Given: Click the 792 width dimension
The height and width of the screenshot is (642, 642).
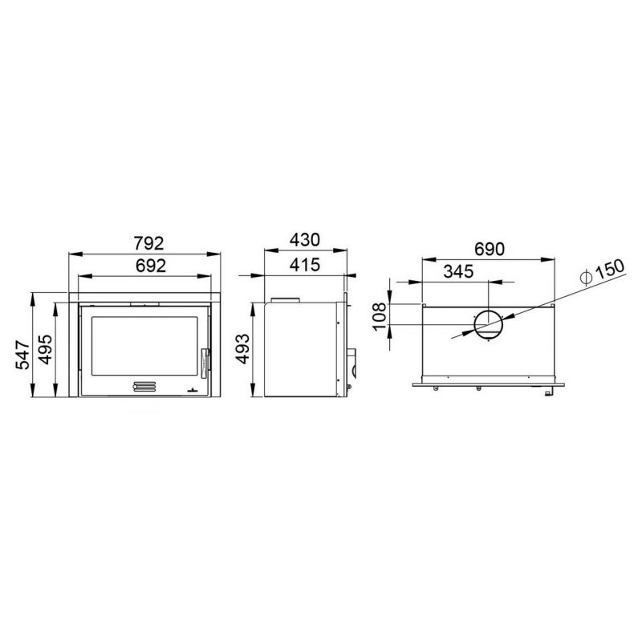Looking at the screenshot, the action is pos(149,243).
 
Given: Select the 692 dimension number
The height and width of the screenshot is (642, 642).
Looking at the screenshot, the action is pos(151,266).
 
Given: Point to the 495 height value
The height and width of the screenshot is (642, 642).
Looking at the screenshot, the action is pos(45,349).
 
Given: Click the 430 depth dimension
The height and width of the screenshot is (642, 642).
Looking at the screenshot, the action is pos(305,240).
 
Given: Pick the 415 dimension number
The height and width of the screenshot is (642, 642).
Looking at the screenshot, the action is pos(305,265).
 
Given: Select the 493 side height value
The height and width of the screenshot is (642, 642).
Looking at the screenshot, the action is pos(242,349).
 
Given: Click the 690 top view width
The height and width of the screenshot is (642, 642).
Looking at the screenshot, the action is pos(490,249).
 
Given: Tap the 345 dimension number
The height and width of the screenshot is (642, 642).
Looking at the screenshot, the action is pos(458,271).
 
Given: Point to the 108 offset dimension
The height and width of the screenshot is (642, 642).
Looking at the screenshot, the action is pos(380,315).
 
